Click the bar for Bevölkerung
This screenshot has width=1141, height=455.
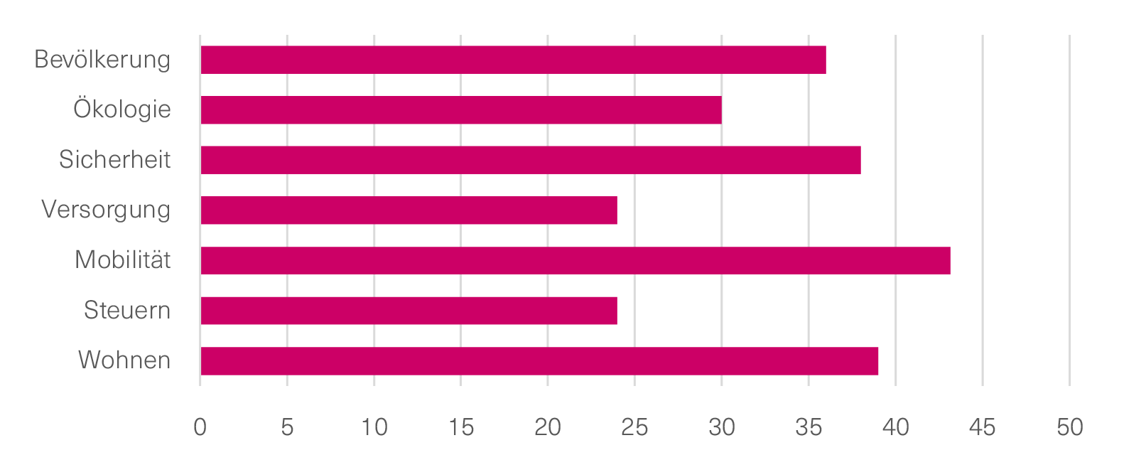pyautogui.click(x=513, y=60)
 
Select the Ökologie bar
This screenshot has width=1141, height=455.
pyautogui.click(x=461, y=110)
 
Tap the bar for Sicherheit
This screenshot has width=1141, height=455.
pyautogui.click(x=531, y=160)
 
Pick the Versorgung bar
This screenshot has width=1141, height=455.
pyautogui.click(x=409, y=210)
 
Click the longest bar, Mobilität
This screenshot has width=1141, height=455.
pyautogui.click(x=575, y=260)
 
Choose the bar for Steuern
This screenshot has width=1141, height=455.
pyautogui.click(x=409, y=311)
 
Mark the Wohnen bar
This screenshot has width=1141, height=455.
pyautogui.click(x=539, y=361)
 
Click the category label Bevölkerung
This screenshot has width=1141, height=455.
pyautogui.click(x=102, y=60)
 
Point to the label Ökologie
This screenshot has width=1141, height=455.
pyautogui.click(x=122, y=109)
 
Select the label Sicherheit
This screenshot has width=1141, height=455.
pyautogui.click(x=114, y=160)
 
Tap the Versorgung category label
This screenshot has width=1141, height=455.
pyautogui.click(x=106, y=210)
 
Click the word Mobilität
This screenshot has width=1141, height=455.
pyautogui.click(x=122, y=260)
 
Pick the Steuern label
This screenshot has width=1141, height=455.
pyautogui.click(x=127, y=311)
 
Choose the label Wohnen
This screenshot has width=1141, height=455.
pyautogui.click(x=124, y=360)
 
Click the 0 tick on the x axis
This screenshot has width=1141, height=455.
pyautogui.click(x=200, y=427)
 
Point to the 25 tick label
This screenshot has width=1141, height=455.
pyautogui.click(x=634, y=427)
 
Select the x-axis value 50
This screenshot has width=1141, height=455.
pyautogui.click(x=1069, y=427)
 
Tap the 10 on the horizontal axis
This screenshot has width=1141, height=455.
pyautogui.click(x=374, y=427)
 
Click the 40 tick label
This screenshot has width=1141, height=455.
pyautogui.click(x=895, y=427)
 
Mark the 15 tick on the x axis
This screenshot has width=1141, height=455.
pyautogui.click(x=461, y=427)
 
